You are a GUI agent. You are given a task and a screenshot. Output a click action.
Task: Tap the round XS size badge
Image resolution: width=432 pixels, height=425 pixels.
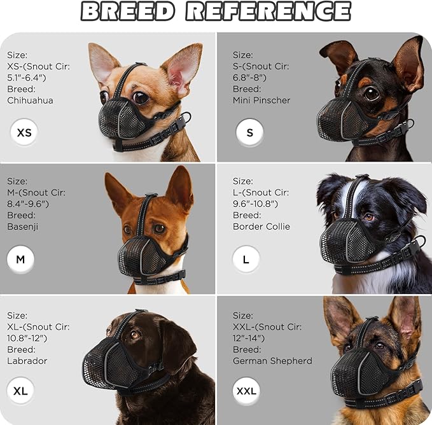[24, 133]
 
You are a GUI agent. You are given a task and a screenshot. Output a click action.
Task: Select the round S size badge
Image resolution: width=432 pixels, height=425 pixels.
[249, 133]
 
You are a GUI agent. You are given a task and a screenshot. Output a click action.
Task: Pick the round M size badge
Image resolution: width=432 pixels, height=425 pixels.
[20, 260]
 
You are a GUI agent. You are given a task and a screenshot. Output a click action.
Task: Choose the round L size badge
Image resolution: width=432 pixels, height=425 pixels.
[246, 260]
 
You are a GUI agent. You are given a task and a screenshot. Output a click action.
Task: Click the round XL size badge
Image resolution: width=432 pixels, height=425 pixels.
[20, 391]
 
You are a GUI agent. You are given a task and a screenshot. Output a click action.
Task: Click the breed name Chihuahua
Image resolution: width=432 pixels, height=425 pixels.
[30, 101]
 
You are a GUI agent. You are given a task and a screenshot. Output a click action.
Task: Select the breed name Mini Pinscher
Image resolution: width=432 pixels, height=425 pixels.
[261, 101]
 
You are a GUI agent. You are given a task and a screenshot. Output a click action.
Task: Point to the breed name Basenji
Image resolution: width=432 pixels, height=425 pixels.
[23, 226]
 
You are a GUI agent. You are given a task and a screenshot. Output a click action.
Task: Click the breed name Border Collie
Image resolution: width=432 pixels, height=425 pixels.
[261, 226]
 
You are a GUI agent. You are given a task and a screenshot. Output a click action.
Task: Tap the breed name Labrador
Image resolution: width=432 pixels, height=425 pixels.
[27, 361]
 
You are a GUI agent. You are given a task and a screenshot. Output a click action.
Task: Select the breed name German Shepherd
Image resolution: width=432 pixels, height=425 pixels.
[272, 361]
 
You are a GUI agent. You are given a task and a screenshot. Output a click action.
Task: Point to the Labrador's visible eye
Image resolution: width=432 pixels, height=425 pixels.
[135, 333]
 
